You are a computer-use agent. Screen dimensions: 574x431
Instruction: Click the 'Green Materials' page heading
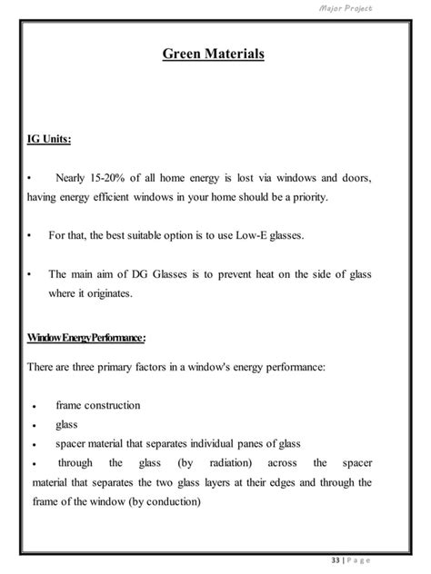pos(214,55)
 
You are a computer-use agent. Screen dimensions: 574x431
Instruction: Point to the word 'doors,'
pos(353,177)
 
